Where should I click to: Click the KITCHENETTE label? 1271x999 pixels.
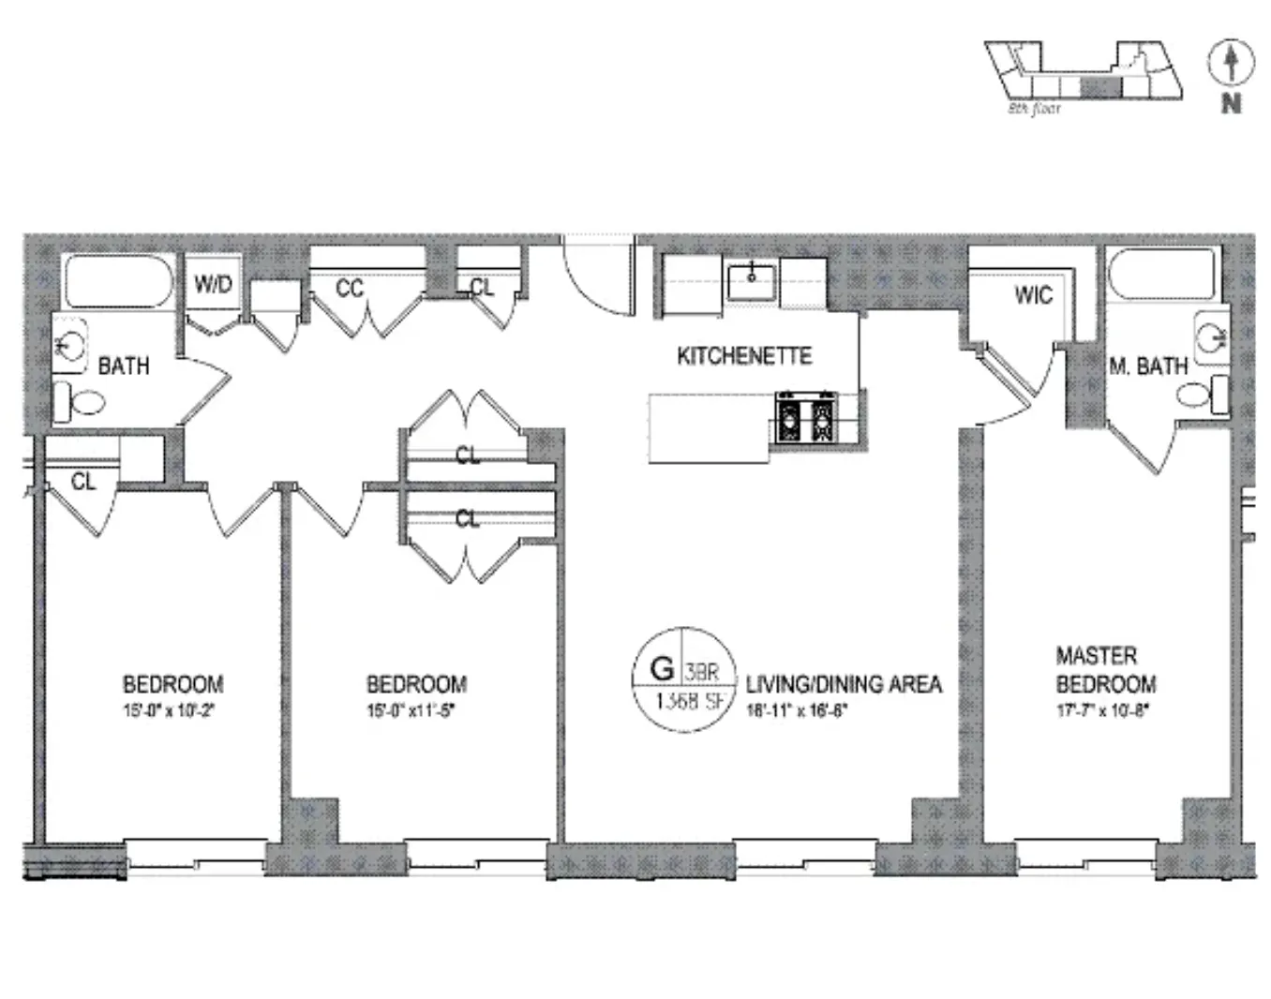pos(744,356)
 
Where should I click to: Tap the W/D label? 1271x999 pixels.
pos(213,284)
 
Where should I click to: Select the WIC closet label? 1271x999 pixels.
pos(1033,295)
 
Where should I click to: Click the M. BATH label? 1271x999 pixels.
pos(1148,366)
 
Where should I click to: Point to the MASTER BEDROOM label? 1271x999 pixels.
pos(1105,669)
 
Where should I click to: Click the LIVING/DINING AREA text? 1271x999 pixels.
pos(844,684)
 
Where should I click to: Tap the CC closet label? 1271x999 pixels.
pos(350,289)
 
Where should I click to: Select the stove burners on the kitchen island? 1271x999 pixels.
pos(805,418)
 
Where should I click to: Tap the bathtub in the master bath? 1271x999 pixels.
pos(1161,275)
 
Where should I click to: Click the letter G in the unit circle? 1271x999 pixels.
pos(662,669)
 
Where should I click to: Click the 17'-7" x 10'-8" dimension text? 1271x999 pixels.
pos(1101,710)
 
